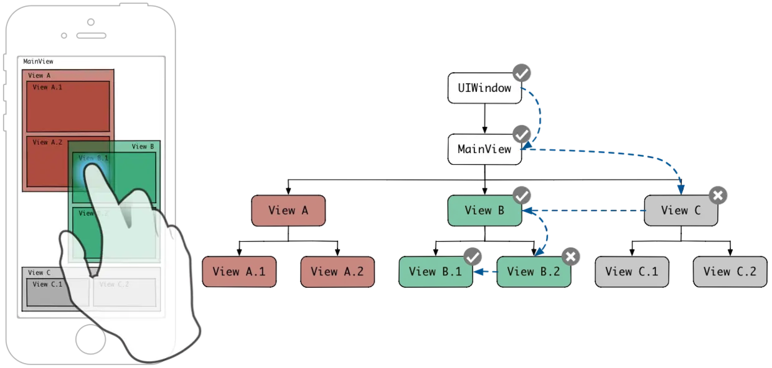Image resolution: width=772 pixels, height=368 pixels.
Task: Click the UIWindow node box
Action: coord(484,88)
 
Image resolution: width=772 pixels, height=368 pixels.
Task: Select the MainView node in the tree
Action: coord(484,149)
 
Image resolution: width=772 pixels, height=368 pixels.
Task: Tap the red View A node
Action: coord(288,211)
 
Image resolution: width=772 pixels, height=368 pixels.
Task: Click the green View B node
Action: coord(484,211)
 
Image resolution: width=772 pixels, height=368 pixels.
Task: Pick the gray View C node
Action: coord(680,211)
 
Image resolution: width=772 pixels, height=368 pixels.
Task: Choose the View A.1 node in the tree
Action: coord(239,272)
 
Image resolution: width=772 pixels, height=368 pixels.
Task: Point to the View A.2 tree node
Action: coord(337,272)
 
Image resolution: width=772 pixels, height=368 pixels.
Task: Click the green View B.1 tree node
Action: coord(435,272)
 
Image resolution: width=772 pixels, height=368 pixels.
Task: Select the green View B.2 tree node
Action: coord(534,272)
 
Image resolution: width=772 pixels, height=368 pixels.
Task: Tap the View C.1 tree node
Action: coord(632,272)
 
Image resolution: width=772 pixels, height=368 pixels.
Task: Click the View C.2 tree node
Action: coord(730,272)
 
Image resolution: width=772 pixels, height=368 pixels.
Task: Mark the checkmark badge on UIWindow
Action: coord(522,73)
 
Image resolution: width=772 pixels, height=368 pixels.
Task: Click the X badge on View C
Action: coord(718,196)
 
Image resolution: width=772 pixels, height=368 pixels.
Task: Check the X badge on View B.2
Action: coord(570,257)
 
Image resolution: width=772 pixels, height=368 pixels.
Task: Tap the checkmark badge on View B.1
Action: coord(473,257)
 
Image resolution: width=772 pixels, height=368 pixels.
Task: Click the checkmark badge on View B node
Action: coord(522,196)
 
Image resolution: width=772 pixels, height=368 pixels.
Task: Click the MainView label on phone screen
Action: coord(38,62)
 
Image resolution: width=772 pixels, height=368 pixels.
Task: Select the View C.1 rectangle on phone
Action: coord(49,292)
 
